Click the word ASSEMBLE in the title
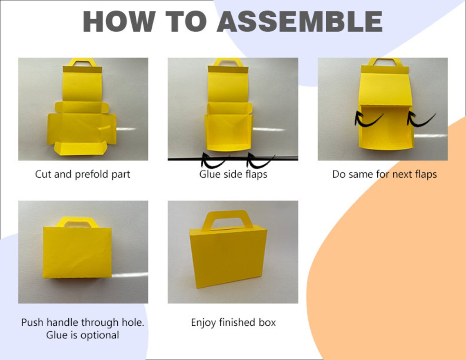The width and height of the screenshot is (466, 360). (300, 21)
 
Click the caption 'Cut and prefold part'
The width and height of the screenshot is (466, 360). (83, 174)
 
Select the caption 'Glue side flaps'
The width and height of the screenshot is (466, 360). (233, 174)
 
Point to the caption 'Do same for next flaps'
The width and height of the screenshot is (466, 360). (384, 174)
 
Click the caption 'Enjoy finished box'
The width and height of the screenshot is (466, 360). (233, 322)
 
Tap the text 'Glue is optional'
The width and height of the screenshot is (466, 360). (83, 335)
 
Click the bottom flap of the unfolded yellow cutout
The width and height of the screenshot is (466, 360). (80, 148)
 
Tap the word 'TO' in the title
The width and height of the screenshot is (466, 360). (186, 21)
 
